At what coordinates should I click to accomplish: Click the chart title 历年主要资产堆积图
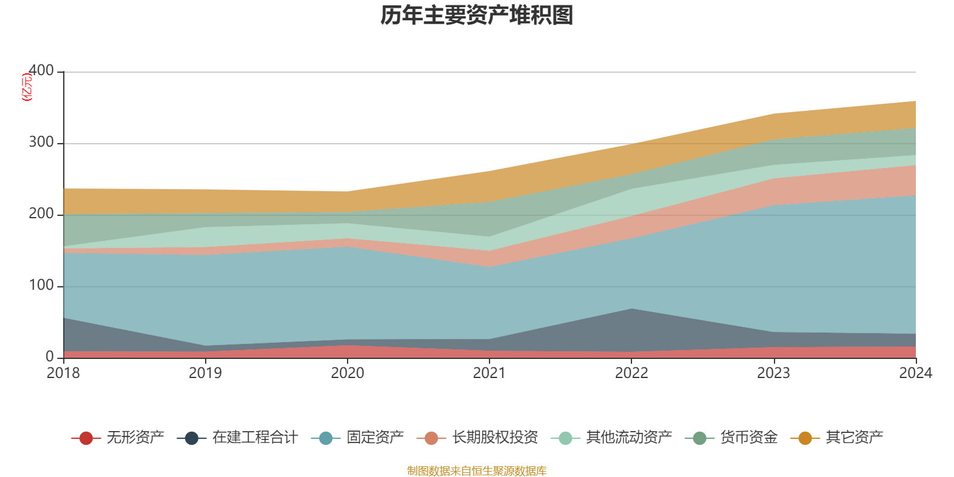[477, 16]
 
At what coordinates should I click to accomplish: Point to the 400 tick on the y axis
[41, 71]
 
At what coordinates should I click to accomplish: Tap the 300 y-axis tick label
[41, 143]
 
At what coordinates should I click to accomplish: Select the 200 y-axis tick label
[41, 214]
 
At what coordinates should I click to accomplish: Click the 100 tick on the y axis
[41, 286]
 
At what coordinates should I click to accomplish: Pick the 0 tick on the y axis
[50, 357]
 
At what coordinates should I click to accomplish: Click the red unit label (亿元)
[27, 87]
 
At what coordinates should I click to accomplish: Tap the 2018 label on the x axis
[63, 373]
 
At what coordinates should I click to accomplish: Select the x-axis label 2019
[205, 373]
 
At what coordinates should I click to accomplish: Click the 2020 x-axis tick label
[348, 373]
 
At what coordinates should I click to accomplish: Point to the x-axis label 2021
[490, 373]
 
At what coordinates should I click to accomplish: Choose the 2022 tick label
[631, 373]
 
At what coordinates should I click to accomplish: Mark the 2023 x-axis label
[773, 373]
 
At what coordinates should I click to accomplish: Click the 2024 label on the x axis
[915, 373]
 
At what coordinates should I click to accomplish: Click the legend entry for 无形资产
[118, 438]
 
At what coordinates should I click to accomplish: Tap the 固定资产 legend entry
[358, 438]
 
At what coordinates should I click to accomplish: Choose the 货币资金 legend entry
[732, 438]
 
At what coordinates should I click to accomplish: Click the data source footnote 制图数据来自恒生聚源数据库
[477, 471]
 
